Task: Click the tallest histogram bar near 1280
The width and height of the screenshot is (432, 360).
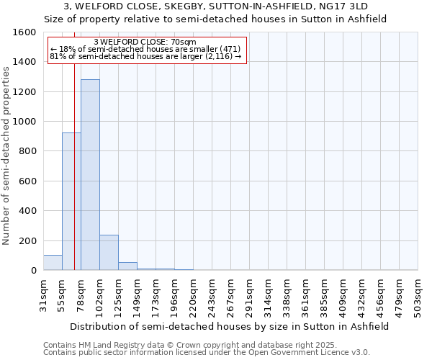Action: tap(90, 175)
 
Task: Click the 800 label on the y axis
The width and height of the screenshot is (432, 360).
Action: tap(28, 152)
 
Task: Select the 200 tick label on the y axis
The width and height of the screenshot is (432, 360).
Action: tap(28, 241)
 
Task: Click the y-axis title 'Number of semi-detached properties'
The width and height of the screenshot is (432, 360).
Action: tap(6, 151)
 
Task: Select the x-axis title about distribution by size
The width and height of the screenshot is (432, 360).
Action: tap(230, 326)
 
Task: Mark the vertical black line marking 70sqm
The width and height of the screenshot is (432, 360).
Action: tap(74, 180)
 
